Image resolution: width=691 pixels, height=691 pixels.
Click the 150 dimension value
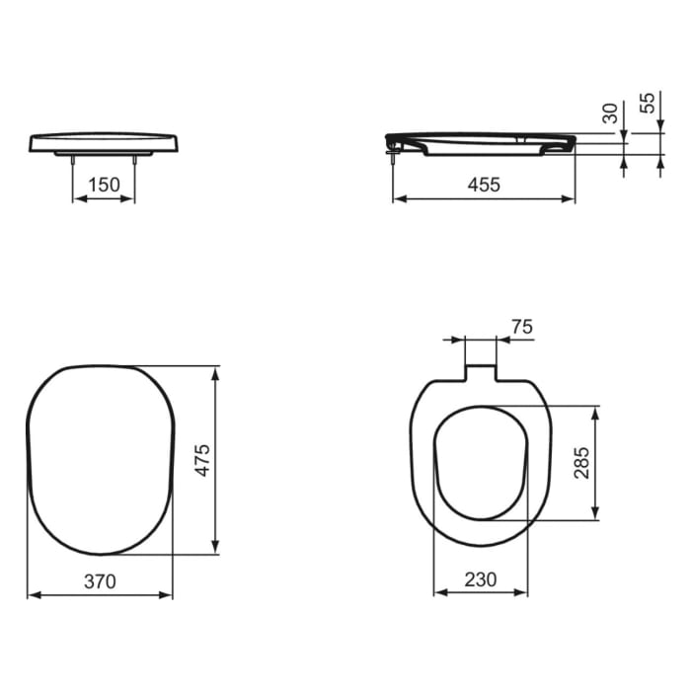104,184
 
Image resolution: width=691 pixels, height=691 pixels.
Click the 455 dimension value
484,184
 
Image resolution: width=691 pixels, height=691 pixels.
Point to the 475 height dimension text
201,460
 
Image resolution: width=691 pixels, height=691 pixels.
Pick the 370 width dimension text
99,581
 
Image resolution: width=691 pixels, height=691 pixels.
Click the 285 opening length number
581,462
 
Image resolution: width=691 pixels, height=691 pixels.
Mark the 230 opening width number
481,580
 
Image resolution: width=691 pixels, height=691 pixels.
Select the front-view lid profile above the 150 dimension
104,141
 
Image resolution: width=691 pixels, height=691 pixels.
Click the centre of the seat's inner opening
481,462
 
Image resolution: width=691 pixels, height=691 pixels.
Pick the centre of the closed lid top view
100,460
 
